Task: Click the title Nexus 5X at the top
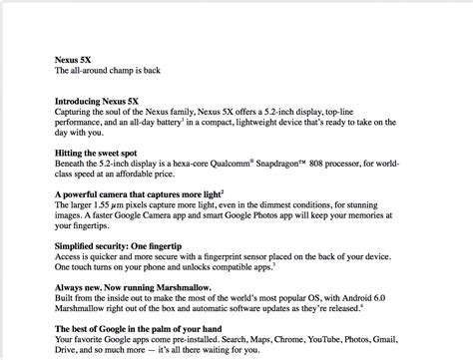(78, 59)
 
